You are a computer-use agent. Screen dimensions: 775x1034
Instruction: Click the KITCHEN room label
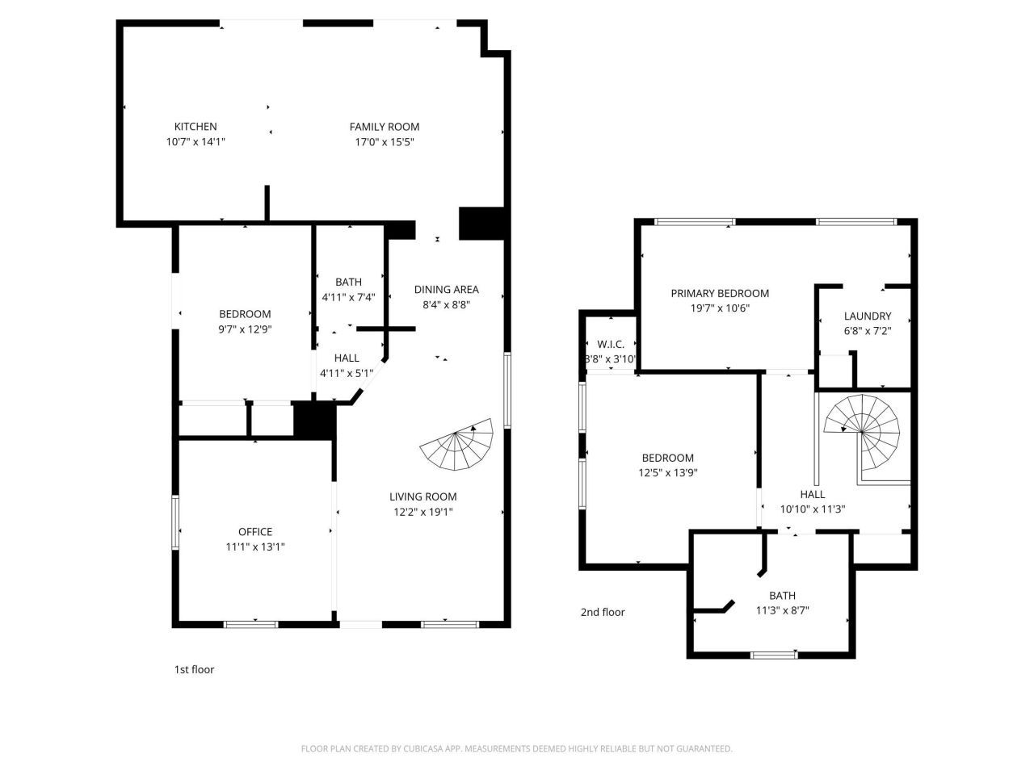[x=195, y=127]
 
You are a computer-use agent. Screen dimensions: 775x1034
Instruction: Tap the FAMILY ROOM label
[x=385, y=127]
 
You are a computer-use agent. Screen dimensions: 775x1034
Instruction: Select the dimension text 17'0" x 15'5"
[x=385, y=142]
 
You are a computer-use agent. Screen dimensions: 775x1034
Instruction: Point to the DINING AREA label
[x=446, y=290]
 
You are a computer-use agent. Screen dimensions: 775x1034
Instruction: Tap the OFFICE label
[x=255, y=532]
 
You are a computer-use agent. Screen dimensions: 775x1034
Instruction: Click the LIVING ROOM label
[x=422, y=497]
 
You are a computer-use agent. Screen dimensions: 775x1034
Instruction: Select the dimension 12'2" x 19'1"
[x=422, y=512]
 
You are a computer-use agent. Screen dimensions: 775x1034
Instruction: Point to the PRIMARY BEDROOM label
[x=720, y=294]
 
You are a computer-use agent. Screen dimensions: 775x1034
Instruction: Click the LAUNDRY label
[x=868, y=316]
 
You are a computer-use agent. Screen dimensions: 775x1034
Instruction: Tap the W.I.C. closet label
[x=611, y=344]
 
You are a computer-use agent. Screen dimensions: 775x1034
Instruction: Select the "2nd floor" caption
[x=603, y=612]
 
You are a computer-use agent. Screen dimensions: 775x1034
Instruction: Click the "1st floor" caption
[x=194, y=669]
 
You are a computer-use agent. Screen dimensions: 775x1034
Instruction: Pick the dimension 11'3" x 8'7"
[x=782, y=611]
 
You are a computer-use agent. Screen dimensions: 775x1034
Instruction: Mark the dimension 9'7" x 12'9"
[x=245, y=329]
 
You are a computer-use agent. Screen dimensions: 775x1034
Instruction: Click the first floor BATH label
[x=348, y=283]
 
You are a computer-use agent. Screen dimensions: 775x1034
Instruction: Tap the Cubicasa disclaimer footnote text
[x=517, y=749]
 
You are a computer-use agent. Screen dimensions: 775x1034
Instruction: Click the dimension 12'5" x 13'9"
[x=668, y=473]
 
